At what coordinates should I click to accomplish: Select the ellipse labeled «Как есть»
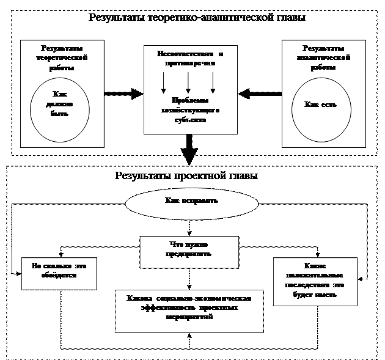[321, 105]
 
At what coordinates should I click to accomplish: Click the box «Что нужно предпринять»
[189, 251]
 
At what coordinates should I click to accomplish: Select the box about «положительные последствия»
[314, 281]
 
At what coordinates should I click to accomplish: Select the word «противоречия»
[190, 62]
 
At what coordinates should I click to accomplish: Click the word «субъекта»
[190, 120]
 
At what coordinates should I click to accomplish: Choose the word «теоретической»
[62, 57]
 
